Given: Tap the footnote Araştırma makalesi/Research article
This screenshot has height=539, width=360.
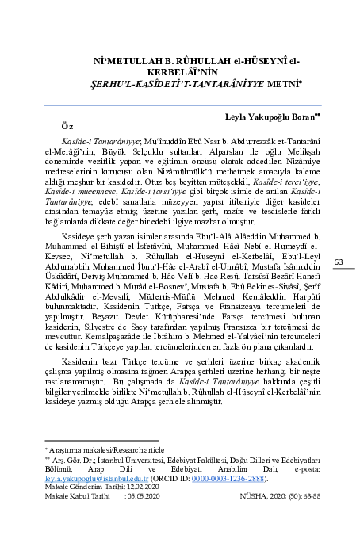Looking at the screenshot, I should [89, 449].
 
